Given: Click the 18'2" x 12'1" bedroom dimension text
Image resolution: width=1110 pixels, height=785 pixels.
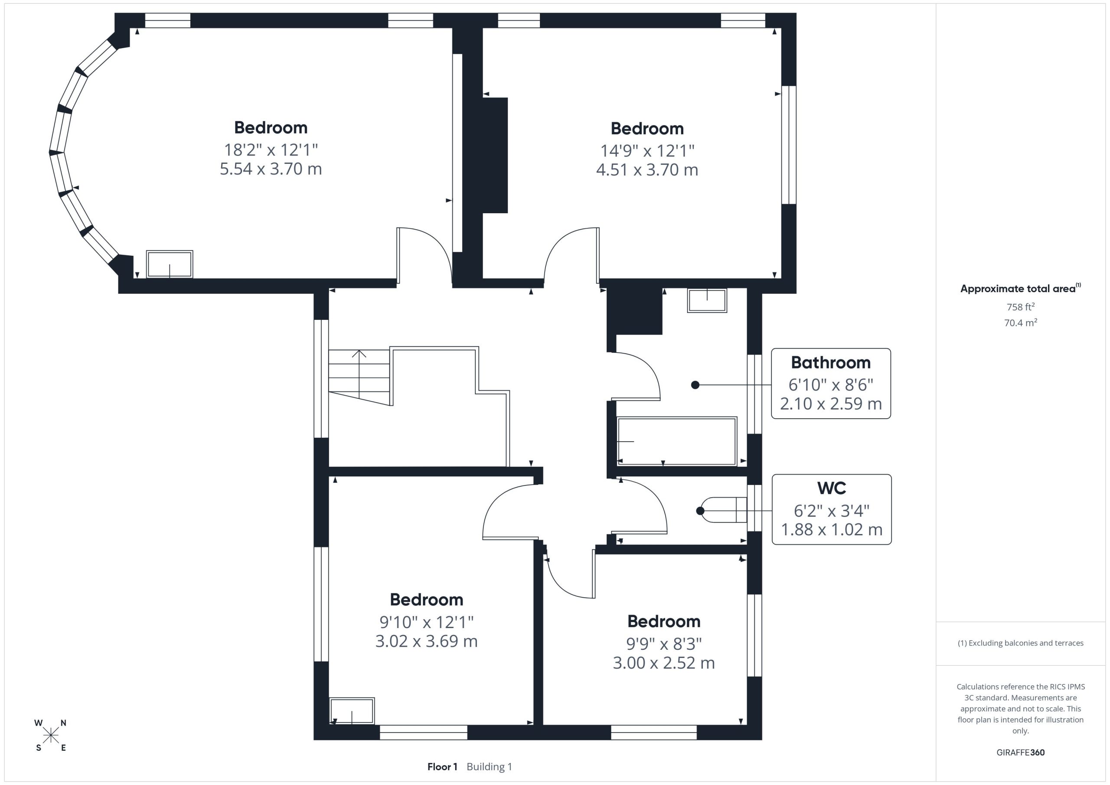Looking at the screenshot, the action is point(271,150).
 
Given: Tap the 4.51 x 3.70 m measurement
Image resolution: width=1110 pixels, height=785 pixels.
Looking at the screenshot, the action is point(647,169).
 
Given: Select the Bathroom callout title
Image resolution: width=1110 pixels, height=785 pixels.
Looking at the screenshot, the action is point(831,362).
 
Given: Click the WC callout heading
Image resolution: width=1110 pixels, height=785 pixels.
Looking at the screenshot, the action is point(832,488).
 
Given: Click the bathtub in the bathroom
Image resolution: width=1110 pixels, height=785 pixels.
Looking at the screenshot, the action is point(677,441).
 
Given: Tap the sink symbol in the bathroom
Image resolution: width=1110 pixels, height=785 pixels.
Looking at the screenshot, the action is point(707,300).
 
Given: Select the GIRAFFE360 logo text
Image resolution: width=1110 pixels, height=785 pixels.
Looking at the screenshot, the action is point(1020,752).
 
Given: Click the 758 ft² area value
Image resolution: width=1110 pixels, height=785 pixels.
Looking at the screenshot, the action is point(1020,306).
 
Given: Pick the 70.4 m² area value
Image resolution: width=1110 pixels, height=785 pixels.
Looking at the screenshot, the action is point(1020,322).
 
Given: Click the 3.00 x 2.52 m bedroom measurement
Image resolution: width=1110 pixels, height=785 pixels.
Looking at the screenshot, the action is point(664,663).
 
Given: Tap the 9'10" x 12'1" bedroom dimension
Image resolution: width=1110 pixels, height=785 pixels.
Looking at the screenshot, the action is point(426,622).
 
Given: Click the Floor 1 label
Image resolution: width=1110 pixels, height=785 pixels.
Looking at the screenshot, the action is point(442,767).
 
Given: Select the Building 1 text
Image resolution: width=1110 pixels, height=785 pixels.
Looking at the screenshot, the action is point(489,767).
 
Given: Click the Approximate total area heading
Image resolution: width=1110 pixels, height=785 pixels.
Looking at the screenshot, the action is point(1020,288).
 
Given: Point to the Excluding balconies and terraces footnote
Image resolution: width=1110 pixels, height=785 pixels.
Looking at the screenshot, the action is point(1020,643).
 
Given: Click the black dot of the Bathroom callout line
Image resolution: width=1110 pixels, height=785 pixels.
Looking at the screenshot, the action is point(695,385).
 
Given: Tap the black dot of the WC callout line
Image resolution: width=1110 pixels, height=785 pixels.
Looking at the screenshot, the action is point(700,511).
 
